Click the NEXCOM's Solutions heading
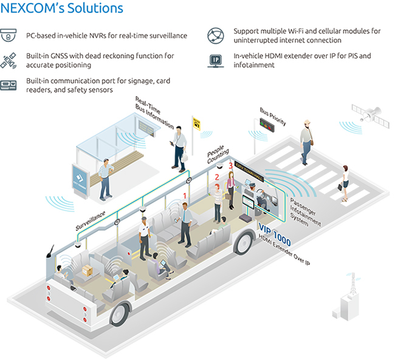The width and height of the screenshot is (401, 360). pyautogui.click(x=63, y=9)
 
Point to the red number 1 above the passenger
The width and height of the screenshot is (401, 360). pyautogui.click(x=186, y=195)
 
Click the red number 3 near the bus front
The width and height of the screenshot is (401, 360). pyautogui.click(x=230, y=165)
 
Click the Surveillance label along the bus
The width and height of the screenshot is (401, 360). pyautogui.click(x=91, y=219)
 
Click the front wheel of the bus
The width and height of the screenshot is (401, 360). pyautogui.click(x=244, y=242)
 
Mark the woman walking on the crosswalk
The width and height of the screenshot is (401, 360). pyautogui.click(x=345, y=181)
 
